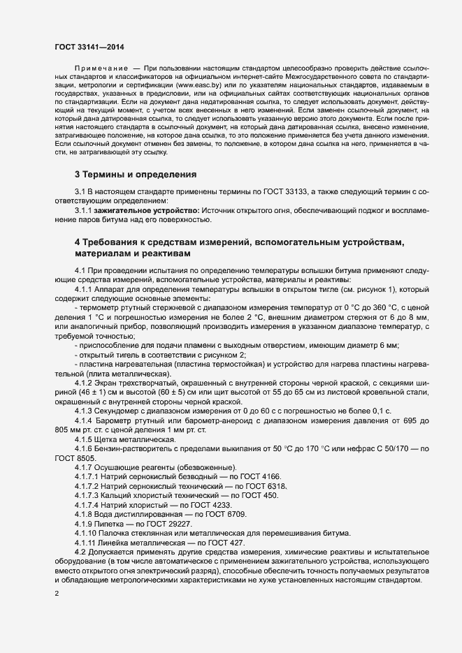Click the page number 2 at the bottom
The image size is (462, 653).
click(57, 594)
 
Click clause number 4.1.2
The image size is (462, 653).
click(85, 384)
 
